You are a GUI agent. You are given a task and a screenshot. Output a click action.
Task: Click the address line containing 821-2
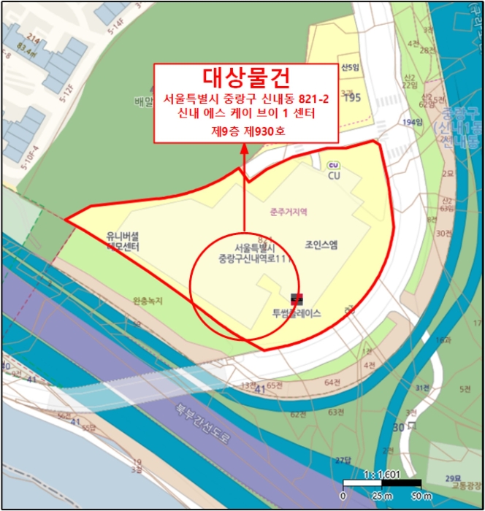[245, 99]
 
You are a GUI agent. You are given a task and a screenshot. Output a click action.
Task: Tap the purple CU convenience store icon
[333, 165]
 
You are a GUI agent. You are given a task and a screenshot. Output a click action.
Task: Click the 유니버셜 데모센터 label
[123, 242]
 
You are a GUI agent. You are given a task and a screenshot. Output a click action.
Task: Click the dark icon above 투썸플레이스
[297, 299]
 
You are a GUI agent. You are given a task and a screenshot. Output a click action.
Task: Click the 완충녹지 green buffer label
[148, 300]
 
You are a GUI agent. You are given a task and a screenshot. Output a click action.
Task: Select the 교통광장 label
[466, 485]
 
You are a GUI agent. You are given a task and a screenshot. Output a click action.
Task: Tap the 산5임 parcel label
[351, 67]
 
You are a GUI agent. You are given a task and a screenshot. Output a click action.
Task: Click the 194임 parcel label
[413, 122]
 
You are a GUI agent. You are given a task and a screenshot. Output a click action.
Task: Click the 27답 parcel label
[343, 459]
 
